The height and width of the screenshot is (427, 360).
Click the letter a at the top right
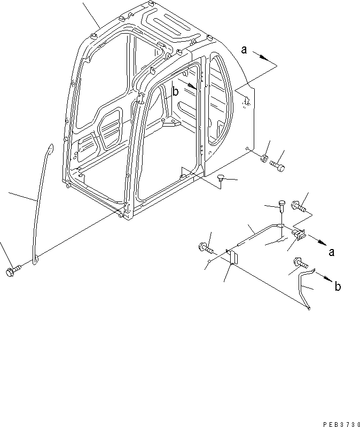244,50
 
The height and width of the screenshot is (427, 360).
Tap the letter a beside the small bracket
332,252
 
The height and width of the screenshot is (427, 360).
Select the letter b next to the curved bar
338,287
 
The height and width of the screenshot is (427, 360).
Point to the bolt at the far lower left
11,271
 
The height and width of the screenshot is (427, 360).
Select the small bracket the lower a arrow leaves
299,234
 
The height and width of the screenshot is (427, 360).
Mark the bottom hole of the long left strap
36,259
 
